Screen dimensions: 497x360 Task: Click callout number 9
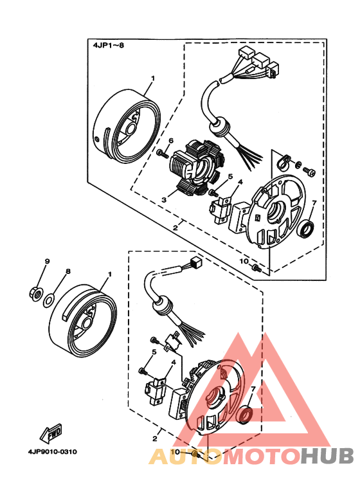click(46, 261)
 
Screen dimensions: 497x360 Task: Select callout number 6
click(171, 141)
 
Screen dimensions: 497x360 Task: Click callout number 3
click(164, 200)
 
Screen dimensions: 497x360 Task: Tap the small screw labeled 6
click(161, 154)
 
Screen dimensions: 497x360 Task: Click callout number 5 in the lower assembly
click(154, 352)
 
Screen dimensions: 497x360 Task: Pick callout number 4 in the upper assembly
click(239, 183)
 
